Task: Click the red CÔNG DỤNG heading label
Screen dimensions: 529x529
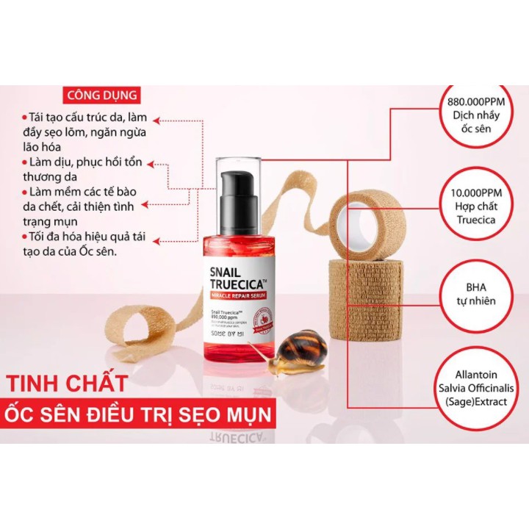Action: tap(101, 96)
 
